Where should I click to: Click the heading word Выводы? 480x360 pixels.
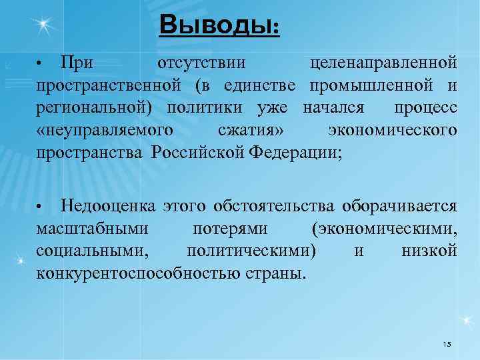pos(219,27)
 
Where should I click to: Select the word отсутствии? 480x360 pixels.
pos(202,63)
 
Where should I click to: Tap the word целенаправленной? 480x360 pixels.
pos(384,63)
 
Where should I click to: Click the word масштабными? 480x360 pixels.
pos(92,229)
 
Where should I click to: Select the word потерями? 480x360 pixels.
pos(230,229)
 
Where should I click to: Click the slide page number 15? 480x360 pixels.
pos(447,344)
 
